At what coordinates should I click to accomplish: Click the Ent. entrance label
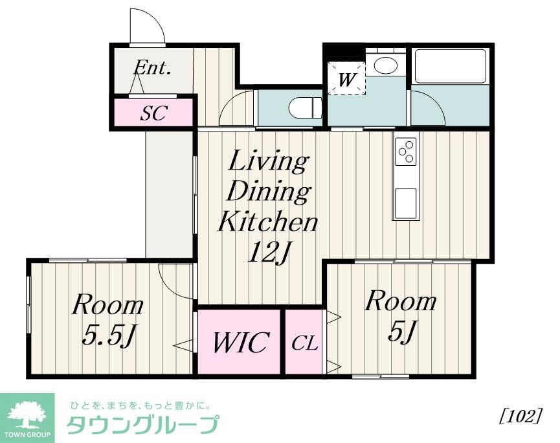click(x=152, y=68)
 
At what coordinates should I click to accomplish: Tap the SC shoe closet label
click(x=154, y=113)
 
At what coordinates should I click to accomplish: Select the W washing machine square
click(x=346, y=78)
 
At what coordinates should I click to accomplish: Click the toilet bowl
click(x=304, y=108)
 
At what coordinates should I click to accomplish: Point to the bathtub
click(x=450, y=66)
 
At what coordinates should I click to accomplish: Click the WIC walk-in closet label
click(x=239, y=343)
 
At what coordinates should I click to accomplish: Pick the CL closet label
click(x=304, y=343)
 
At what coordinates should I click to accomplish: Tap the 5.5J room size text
click(x=109, y=335)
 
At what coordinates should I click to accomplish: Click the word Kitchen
click(x=267, y=222)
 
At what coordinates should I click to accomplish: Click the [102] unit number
click(x=521, y=415)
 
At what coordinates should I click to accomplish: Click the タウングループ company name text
click(x=143, y=426)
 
